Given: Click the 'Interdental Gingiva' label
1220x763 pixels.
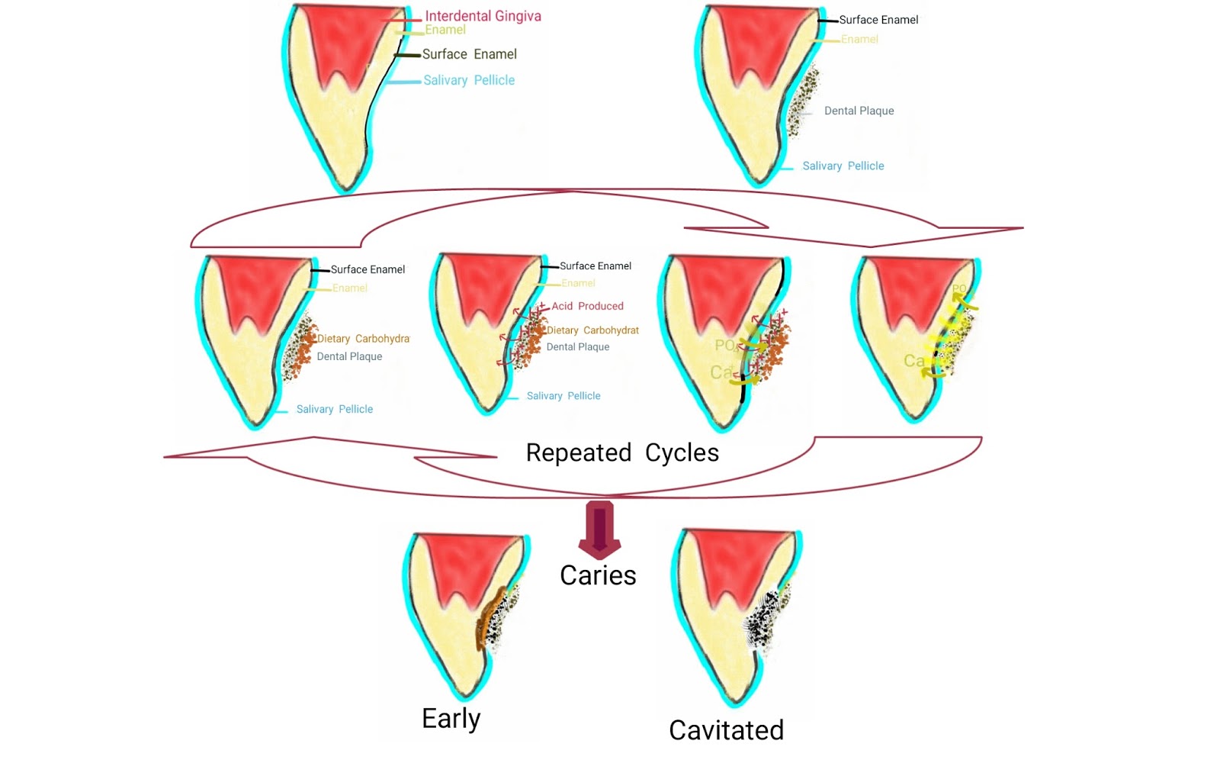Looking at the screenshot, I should pos(483,16).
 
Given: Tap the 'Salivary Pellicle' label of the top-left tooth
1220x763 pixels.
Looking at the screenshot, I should pos(468,80).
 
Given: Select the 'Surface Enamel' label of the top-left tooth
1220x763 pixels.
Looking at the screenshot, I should pos(469,54).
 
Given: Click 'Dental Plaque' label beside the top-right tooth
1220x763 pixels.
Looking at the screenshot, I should pos(859,111).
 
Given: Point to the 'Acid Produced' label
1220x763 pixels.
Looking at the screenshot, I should pos(587,306).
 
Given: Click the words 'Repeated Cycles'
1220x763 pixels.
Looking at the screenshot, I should pos(622,452).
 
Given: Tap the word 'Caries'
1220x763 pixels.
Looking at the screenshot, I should pos(598,575).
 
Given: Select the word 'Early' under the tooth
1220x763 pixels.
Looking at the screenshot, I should pos(451,718).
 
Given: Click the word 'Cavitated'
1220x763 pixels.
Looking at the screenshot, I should pos(726,730).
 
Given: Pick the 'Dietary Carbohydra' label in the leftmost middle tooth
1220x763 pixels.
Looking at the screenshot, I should pos(363,339).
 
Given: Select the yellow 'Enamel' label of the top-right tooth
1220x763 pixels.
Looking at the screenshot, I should pos(859,39).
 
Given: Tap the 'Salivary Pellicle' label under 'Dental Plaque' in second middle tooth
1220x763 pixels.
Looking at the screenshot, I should pos(563,396).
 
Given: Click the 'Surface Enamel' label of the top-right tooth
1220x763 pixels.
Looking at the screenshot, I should pos(878,20).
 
